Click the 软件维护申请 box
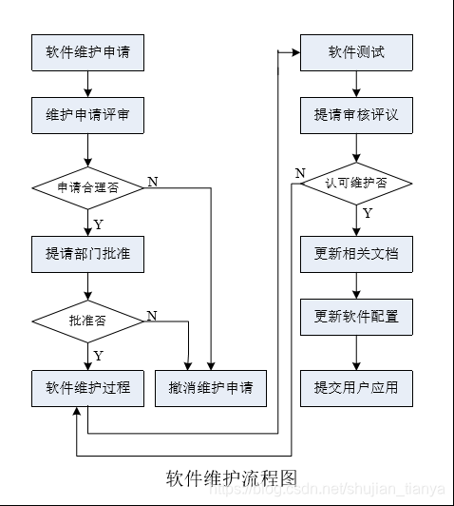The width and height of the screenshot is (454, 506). click(87, 52)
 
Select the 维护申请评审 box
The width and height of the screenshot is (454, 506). click(87, 114)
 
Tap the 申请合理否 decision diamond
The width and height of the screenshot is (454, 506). click(87, 187)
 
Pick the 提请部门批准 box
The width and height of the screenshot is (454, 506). click(87, 254)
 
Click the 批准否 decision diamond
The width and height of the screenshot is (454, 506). click(87, 321)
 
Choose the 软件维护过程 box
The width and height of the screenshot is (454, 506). click(87, 388)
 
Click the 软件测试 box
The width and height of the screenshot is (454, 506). click(357, 51)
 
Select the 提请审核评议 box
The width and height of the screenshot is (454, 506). click(357, 114)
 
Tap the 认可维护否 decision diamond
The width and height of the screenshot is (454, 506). click(357, 182)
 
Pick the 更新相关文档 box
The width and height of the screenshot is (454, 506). click(357, 254)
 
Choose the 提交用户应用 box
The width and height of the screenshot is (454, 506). click(357, 388)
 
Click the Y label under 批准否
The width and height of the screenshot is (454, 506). click(97, 356)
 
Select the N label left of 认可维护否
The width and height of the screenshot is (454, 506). click(299, 172)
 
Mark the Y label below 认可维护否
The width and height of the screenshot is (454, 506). click(368, 214)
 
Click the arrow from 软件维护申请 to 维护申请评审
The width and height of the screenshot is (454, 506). click(87, 84)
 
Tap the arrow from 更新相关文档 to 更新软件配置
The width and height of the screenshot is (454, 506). click(357, 285)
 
